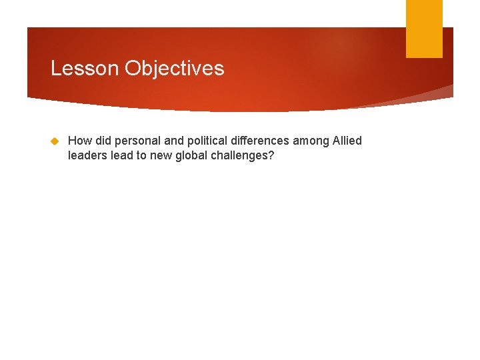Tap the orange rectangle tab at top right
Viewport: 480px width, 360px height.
pos(424,29)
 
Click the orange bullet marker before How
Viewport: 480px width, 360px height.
pos(55,141)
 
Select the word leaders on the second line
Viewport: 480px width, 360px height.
pos(87,155)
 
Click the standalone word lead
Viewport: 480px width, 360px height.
pos(121,155)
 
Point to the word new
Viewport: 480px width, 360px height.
pos(161,155)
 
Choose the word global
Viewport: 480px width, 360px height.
pos(193,155)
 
